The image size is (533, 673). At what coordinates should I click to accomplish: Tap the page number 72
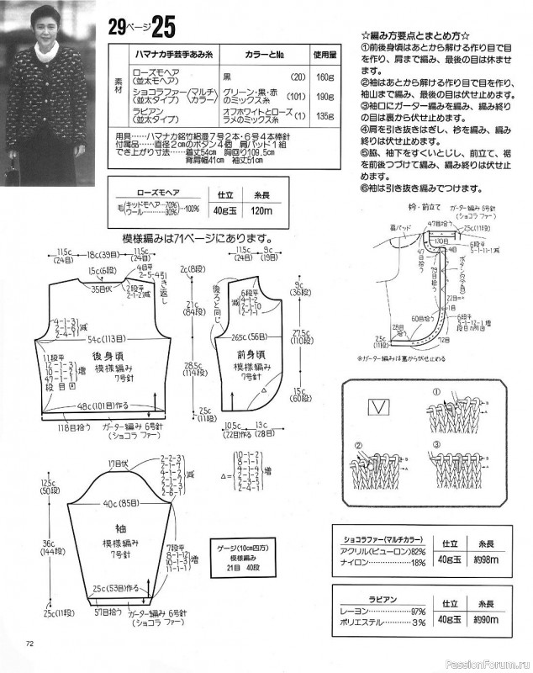pos(29,644)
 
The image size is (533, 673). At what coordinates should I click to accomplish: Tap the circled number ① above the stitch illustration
pos(436,393)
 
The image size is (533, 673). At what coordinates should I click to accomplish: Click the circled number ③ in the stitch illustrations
pos(437,445)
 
